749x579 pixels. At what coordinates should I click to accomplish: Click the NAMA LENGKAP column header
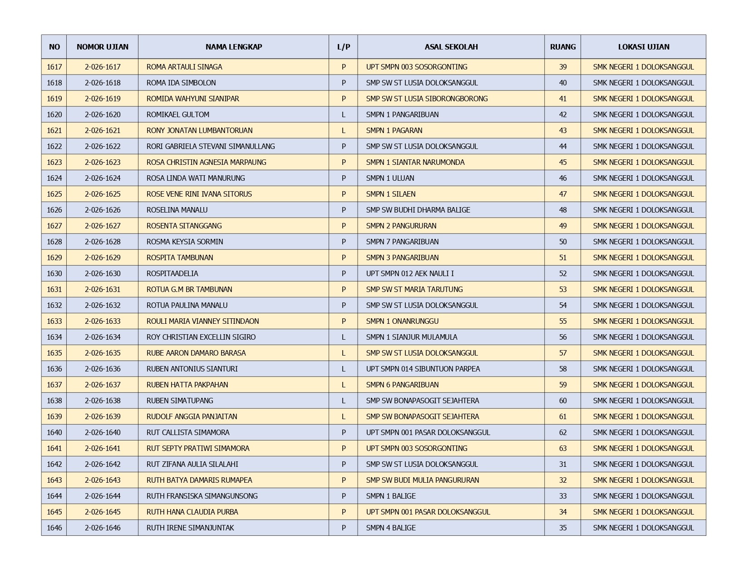(x=233, y=47)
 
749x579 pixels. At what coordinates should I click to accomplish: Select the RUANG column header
(x=562, y=47)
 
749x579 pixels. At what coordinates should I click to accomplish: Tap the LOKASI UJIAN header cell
(x=643, y=47)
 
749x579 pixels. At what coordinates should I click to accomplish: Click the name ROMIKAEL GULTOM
(x=177, y=114)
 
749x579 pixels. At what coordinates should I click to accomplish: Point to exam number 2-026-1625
(x=103, y=194)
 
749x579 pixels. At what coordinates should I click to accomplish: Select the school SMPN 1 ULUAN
(x=390, y=178)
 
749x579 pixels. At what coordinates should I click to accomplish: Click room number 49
(x=562, y=226)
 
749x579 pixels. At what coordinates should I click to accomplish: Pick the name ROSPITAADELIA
(x=172, y=273)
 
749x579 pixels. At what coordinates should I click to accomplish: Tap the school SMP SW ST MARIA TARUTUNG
(x=414, y=289)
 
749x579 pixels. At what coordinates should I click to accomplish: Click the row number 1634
(x=54, y=337)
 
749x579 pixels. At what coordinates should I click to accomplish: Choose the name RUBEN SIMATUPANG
(x=179, y=401)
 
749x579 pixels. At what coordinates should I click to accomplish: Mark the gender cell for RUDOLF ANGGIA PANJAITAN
(x=343, y=416)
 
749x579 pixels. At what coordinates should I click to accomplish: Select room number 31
(x=562, y=464)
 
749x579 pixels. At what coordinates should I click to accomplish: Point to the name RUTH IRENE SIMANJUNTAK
(x=190, y=528)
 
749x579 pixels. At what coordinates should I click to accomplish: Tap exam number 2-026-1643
(x=103, y=480)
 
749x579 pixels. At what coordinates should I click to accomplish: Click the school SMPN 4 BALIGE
(x=390, y=528)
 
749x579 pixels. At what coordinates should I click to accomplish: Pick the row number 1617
(x=54, y=67)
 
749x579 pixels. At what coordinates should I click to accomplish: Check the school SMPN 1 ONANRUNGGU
(x=402, y=321)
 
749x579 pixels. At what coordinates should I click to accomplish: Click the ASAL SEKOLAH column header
(x=451, y=47)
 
